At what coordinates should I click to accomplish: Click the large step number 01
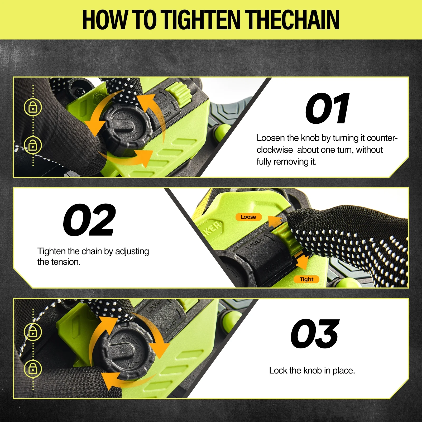327,109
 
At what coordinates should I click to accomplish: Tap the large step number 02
89,220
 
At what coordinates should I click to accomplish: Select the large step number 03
315,334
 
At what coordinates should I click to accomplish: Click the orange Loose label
248,217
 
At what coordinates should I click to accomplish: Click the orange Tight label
306,279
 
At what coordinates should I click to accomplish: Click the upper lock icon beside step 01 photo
33,107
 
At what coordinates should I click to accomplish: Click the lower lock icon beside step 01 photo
33,145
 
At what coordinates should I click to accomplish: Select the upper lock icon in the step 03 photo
33,332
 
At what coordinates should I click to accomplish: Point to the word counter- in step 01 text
382,138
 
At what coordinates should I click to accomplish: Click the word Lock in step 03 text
278,371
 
